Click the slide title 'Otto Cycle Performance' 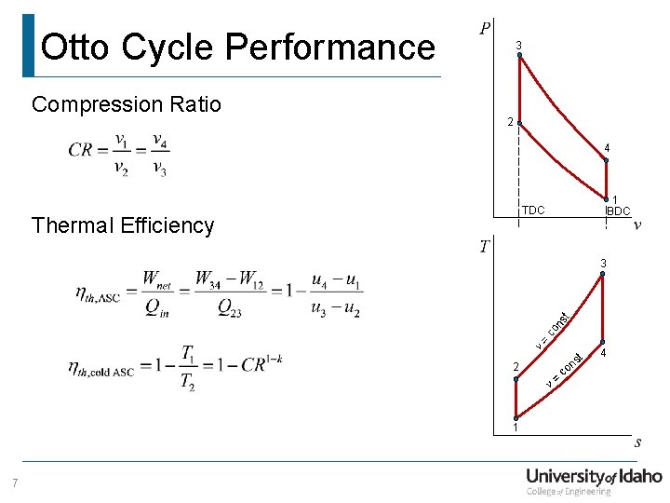[x=238, y=47]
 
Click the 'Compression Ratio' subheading [x=127, y=104]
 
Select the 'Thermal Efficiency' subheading [x=123, y=225]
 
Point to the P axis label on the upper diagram [x=486, y=29]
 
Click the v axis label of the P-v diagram [x=636, y=224]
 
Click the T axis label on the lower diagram [x=484, y=246]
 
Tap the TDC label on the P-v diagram [x=534, y=211]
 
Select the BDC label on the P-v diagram [x=618, y=211]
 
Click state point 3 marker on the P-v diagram [x=519, y=56]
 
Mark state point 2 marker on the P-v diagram [x=519, y=123]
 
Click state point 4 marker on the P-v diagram [x=606, y=160]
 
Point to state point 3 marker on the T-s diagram [x=602, y=275]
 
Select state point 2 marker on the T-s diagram [x=515, y=378]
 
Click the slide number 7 [x=15, y=483]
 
